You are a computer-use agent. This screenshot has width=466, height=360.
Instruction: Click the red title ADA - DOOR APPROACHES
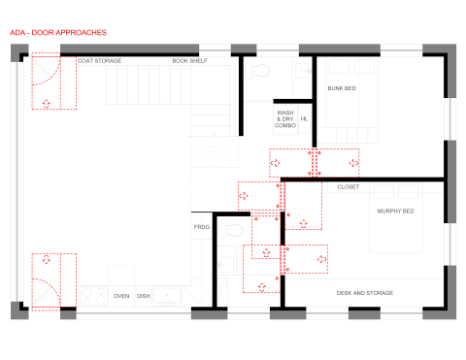(x=58, y=33)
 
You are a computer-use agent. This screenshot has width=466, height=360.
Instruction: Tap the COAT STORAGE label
(x=99, y=61)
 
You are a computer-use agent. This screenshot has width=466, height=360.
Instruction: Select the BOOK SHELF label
(x=189, y=61)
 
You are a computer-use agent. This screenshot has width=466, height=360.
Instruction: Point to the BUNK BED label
(x=342, y=88)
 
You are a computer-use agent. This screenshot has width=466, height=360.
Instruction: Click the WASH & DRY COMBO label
(x=285, y=118)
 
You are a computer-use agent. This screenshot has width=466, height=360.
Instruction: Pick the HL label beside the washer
(x=305, y=119)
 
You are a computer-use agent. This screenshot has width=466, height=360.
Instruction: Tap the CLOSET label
(x=348, y=187)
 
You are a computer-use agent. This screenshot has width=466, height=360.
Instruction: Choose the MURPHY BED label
(x=396, y=211)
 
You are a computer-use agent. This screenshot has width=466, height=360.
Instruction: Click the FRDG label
(x=202, y=227)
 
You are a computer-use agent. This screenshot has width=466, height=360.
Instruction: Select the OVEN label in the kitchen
(x=121, y=296)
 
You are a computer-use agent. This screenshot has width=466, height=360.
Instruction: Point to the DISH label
(x=143, y=296)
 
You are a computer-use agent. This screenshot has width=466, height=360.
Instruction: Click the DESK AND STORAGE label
(x=365, y=293)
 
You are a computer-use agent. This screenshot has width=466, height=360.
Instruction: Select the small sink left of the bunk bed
(x=304, y=70)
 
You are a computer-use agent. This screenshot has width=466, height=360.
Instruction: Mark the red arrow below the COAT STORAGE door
(x=46, y=103)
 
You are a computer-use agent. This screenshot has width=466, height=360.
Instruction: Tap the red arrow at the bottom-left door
(x=46, y=260)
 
